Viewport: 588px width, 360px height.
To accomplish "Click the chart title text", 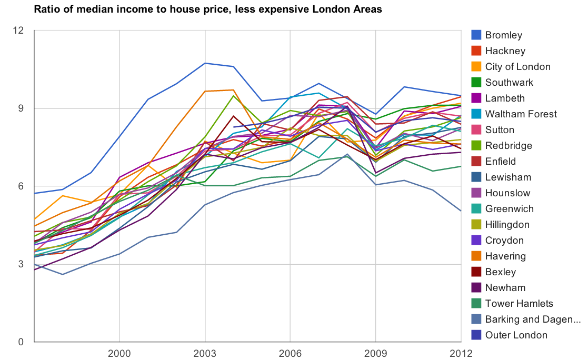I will pyautogui.click(x=208, y=9).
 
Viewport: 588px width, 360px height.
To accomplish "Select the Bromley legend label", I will pyautogui.click(x=504, y=35).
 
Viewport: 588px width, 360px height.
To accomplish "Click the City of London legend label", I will pyautogui.click(x=517, y=67).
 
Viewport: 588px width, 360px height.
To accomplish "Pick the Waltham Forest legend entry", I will pyautogui.click(x=521, y=114).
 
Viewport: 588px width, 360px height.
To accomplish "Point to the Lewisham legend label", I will pyautogui.click(x=508, y=177).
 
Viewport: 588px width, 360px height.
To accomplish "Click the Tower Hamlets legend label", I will pyautogui.click(x=519, y=304).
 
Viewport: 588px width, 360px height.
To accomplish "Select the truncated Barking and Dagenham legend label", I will pyautogui.click(x=533, y=319).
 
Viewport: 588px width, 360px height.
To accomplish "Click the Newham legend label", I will pyautogui.click(x=505, y=288).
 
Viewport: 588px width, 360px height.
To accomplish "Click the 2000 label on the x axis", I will pyautogui.click(x=119, y=352).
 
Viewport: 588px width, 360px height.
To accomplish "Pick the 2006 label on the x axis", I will pyautogui.click(x=290, y=352).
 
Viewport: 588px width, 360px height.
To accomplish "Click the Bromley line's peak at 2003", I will pyautogui.click(x=205, y=63).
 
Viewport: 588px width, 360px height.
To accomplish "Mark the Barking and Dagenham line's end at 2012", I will pyautogui.click(x=461, y=211).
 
